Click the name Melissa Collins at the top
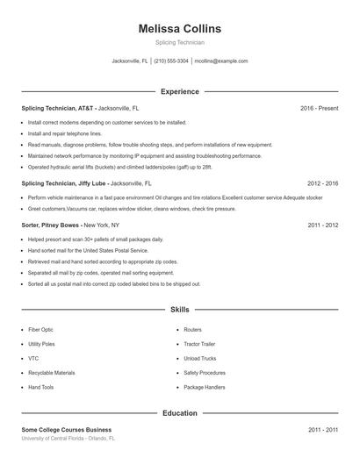[180, 29]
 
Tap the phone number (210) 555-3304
[172, 61]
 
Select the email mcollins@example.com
[221, 61]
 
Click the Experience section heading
[180, 91]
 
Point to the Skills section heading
[180, 310]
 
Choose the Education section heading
[180, 412]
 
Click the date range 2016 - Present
[319, 108]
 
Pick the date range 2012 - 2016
[322, 184]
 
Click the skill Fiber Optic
[41, 330]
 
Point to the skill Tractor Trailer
[201, 344]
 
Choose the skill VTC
[33, 358]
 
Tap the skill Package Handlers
[205, 387]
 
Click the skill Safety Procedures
[205, 373]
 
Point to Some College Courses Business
[66, 430]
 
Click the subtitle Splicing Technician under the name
[180, 43]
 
